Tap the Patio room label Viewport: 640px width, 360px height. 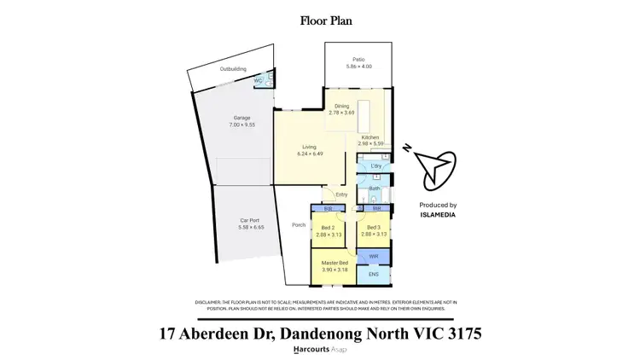[354, 59]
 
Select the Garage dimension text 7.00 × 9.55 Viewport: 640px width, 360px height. [242, 125]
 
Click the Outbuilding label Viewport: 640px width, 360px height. [209, 67]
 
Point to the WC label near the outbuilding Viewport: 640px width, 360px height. [259, 80]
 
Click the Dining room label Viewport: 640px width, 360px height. [341, 106]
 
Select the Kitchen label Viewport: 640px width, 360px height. [369, 137]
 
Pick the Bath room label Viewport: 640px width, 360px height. [374, 187]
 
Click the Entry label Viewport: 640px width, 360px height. [341, 195]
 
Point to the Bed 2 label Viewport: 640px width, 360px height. [327, 227]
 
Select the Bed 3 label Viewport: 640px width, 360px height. [373, 227]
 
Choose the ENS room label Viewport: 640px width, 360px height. [374, 274]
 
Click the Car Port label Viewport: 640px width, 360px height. [249, 220]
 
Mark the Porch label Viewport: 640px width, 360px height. [299, 225]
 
